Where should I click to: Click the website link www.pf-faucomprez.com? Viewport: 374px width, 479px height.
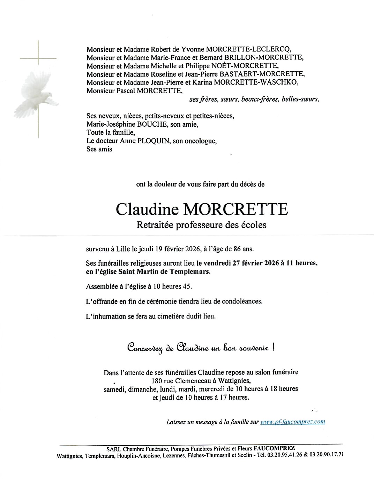pyautogui.click(x=293, y=422)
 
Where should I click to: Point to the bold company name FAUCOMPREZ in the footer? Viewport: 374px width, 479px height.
pyautogui.click(x=274, y=448)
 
